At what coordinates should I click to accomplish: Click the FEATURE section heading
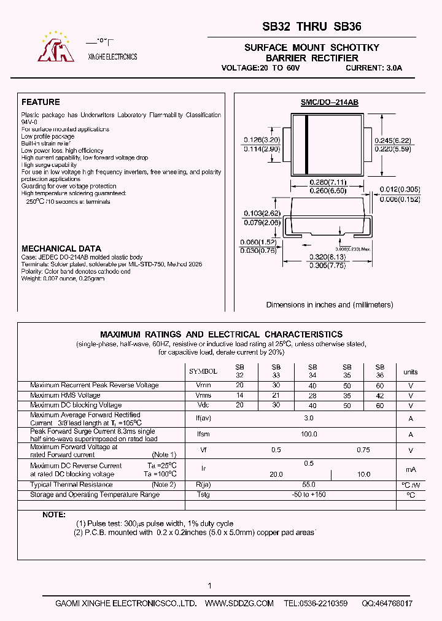coord(41,102)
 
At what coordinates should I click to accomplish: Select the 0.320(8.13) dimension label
coord(328,258)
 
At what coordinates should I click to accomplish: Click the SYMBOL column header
coord(203,372)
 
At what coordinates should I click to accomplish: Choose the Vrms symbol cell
coord(203,395)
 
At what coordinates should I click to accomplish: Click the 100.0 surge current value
coord(309,434)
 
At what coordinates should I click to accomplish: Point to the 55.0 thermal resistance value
coord(309,485)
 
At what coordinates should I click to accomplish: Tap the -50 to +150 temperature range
coord(309,495)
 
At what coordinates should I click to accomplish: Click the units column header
coord(410,372)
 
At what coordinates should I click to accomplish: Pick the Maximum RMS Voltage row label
coord(65,395)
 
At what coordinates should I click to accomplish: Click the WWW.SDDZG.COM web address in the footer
coord(239,604)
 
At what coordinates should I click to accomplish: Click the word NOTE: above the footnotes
coord(53,514)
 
